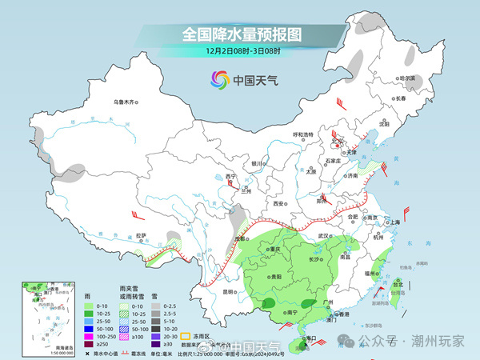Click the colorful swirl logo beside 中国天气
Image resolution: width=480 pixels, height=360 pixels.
pyautogui.click(x=218, y=80)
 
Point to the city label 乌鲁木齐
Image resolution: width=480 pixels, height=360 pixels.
pyautogui.click(x=125, y=102)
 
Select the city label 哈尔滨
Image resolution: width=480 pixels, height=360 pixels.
pyautogui.click(x=407, y=78)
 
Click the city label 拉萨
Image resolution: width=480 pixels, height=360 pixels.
pyautogui.click(x=141, y=235)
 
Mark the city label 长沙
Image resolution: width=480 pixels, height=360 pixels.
pyautogui.click(x=314, y=258)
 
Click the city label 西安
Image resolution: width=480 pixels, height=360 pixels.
pyautogui.click(x=279, y=204)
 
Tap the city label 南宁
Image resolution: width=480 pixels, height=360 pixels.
pyautogui.click(x=291, y=311)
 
